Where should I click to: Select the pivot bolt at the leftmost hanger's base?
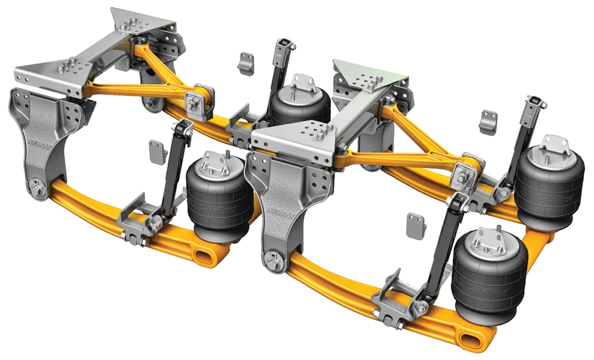(36, 189)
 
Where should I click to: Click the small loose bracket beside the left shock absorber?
(157, 152)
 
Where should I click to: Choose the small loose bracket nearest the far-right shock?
(489, 121)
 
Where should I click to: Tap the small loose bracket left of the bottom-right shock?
(416, 226)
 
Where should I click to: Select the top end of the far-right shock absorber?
(536, 102)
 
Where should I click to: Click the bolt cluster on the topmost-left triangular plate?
(131, 25)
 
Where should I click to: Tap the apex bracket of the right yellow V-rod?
(466, 171)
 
